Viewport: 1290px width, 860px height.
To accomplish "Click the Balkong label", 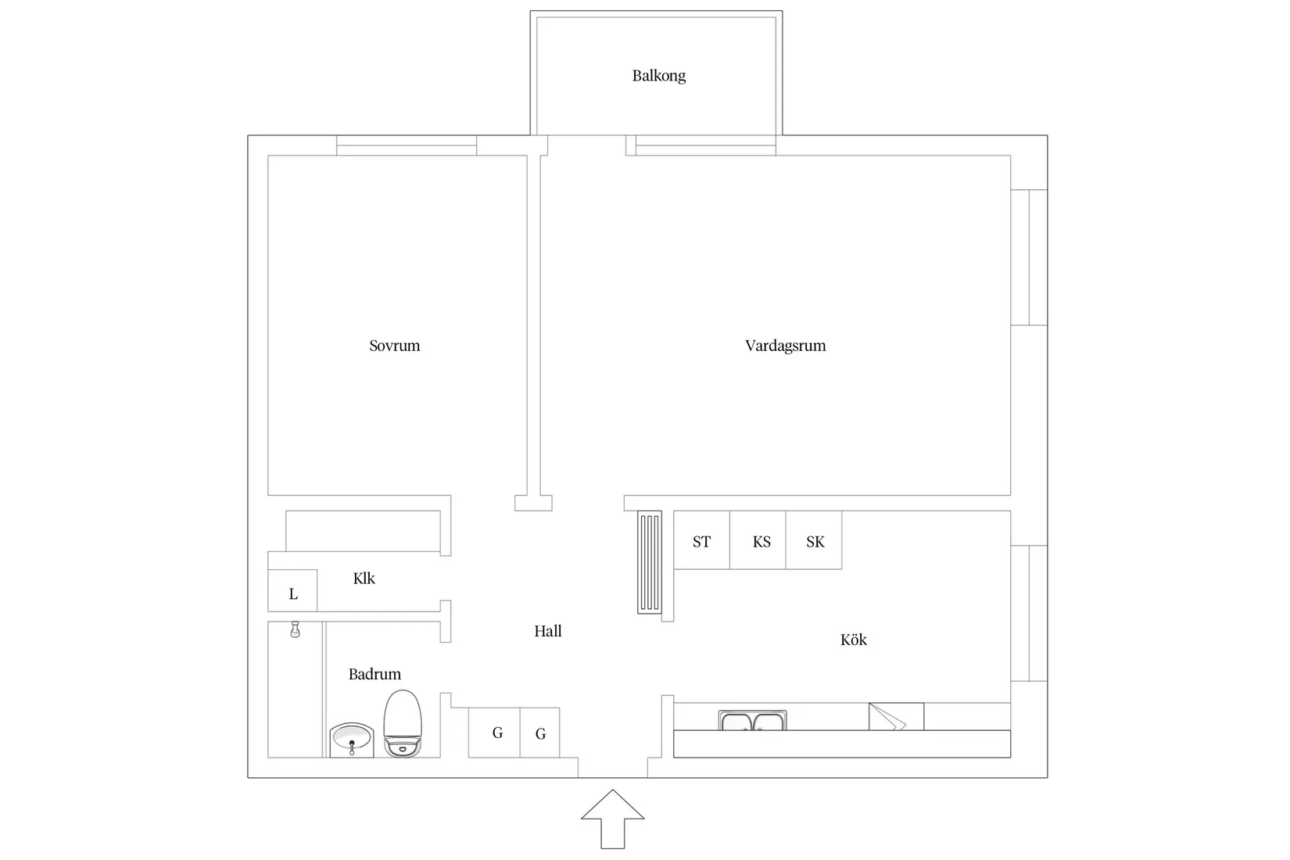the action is [x=659, y=76].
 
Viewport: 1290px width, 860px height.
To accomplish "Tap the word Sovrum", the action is [x=395, y=346].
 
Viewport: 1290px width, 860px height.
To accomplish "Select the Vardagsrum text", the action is [x=785, y=346].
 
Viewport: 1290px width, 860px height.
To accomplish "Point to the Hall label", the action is [x=548, y=632].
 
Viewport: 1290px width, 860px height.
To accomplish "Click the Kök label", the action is [x=854, y=640].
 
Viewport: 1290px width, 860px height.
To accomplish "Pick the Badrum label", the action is [x=374, y=674].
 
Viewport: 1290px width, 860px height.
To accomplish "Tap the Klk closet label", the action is [x=364, y=579].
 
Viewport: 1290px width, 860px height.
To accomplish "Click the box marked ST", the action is [x=701, y=539].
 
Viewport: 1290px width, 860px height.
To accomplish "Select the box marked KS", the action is [x=758, y=539].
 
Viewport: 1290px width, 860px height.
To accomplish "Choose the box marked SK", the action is [x=814, y=539].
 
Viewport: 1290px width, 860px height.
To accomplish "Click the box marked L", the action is [x=292, y=590].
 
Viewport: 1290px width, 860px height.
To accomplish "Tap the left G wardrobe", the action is [x=494, y=732].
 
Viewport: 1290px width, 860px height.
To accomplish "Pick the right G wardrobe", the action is [x=539, y=732].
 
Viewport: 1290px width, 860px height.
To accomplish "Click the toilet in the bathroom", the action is [x=403, y=723].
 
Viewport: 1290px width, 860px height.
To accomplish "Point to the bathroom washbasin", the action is [x=352, y=740].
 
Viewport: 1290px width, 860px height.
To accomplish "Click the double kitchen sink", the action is [x=753, y=721].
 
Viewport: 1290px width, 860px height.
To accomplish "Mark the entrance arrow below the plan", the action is [x=613, y=819].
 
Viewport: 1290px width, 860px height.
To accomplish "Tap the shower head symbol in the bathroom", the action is [x=296, y=629].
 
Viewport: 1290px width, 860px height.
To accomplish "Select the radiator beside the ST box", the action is [x=650, y=562].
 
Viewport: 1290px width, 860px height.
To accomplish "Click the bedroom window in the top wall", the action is [x=407, y=145].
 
